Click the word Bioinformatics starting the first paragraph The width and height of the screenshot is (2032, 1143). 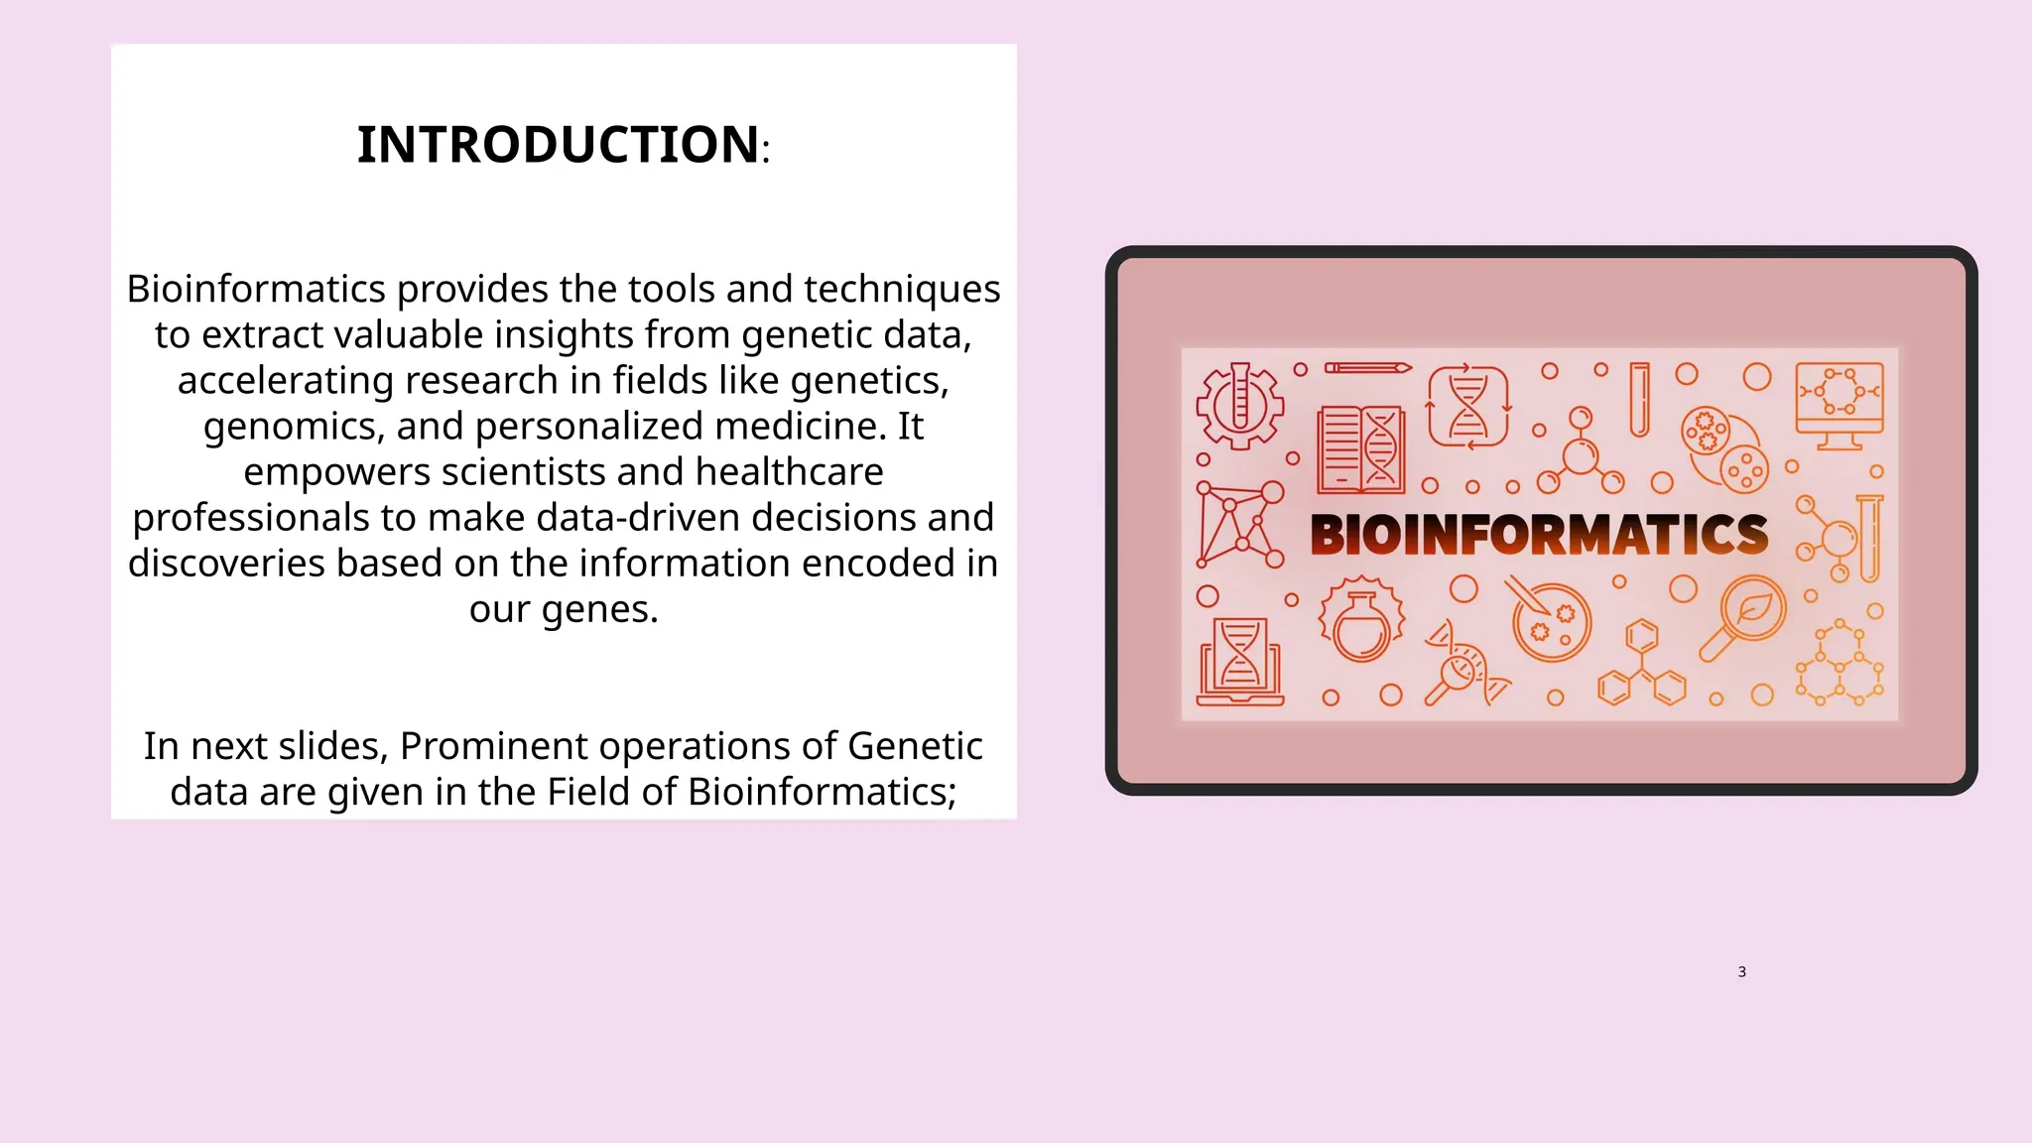[x=255, y=289]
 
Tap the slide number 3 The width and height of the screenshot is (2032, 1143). [x=1741, y=971]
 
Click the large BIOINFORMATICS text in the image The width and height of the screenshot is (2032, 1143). [x=1539, y=535]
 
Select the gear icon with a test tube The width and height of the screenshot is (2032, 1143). [x=1239, y=405]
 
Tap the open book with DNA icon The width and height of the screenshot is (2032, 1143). [x=1360, y=449]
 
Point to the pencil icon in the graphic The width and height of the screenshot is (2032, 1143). [x=1367, y=368]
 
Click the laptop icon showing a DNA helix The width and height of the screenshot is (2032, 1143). [x=1239, y=662]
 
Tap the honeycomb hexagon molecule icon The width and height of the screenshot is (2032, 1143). [x=1840, y=663]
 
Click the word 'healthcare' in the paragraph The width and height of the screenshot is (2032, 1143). [x=789, y=471]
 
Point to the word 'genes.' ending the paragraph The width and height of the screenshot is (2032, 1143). [x=599, y=608]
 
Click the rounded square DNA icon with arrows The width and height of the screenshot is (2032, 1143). [x=1467, y=406]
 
